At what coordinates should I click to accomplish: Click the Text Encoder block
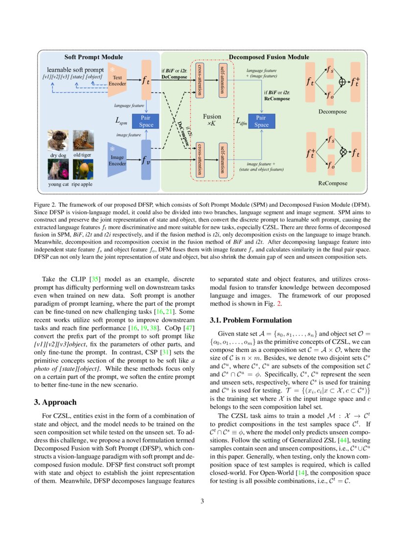(x=117, y=80)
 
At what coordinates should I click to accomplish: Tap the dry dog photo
(x=58, y=140)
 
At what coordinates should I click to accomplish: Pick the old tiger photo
(x=83, y=140)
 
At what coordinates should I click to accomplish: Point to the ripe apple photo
(x=83, y=169)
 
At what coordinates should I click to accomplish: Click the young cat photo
(x=58, y=169)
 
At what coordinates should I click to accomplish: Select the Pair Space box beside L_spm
(x=146, y=121)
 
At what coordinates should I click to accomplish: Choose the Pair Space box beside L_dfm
(x=262, y=121)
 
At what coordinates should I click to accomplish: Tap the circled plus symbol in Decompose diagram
(x=342, y=82)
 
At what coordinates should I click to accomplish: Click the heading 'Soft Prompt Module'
(x=94, y=57)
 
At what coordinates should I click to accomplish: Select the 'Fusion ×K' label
(x=212, y=120)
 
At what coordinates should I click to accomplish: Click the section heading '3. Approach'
(x=64, y=402)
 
